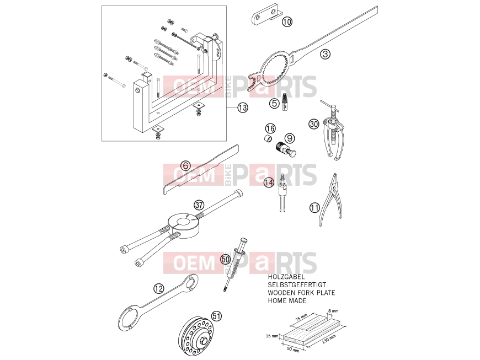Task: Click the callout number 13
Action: tap(243, 108)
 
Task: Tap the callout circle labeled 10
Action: tap(287, 22)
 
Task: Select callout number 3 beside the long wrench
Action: tap(326, 54)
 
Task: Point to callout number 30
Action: tap(314, 124)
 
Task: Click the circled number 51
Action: tap(216, 316)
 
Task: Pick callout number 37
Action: tap(199, 205)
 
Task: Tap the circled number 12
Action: tap(159, 288)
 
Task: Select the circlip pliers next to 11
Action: tap(330, 199)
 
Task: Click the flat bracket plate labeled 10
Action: tap(265, 16)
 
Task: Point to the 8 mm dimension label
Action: tap(333, 311)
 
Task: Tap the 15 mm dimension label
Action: tap(272, 336)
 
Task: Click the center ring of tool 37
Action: tap(183, 225)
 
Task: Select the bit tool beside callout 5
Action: tap(285, 102)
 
